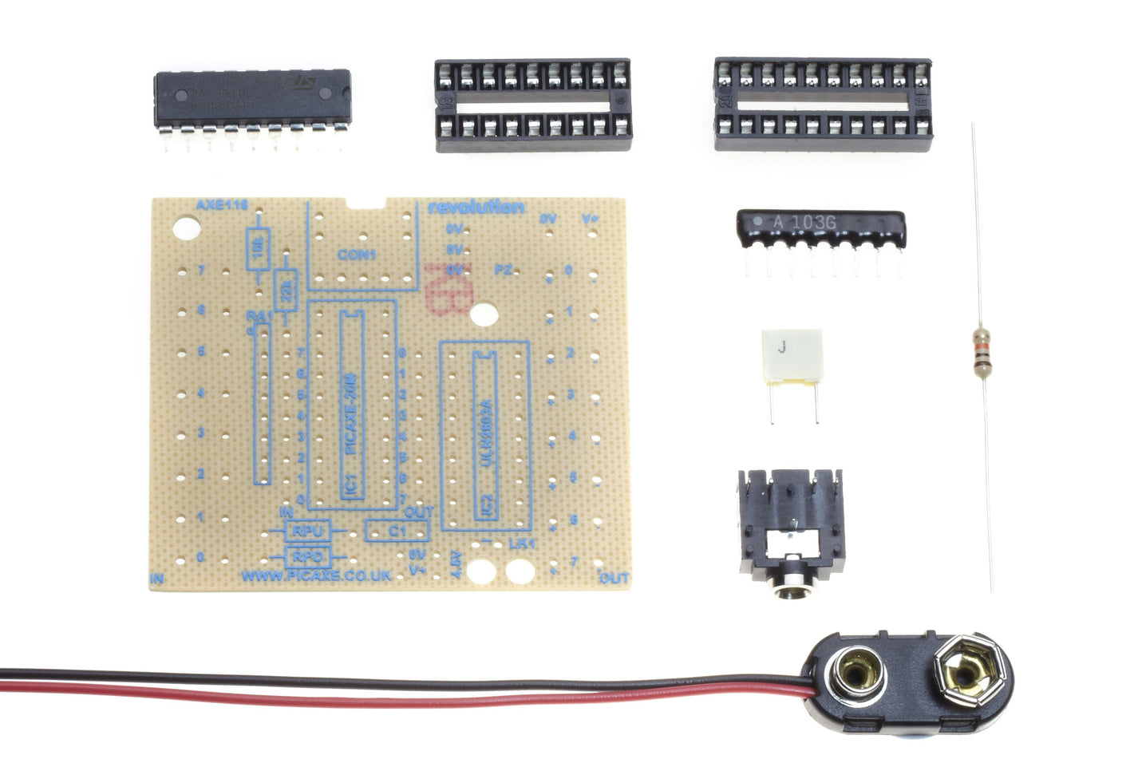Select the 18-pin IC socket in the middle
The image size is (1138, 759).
533,104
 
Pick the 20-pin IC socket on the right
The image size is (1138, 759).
822,104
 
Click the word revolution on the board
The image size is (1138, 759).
476,208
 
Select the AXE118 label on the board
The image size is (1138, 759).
222,205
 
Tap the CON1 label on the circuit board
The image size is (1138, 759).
357,255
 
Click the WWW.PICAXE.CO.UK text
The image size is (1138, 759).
316,575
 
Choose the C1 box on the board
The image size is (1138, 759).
397,530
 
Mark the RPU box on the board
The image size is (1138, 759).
306,530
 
